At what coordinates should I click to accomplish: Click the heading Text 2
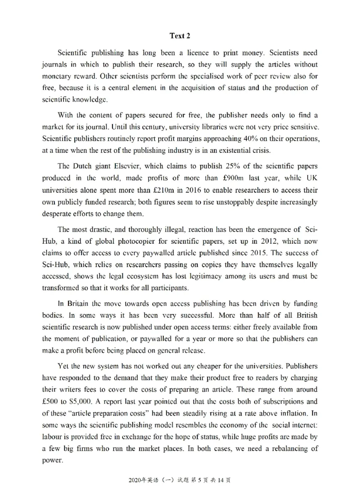coord(180,36)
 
